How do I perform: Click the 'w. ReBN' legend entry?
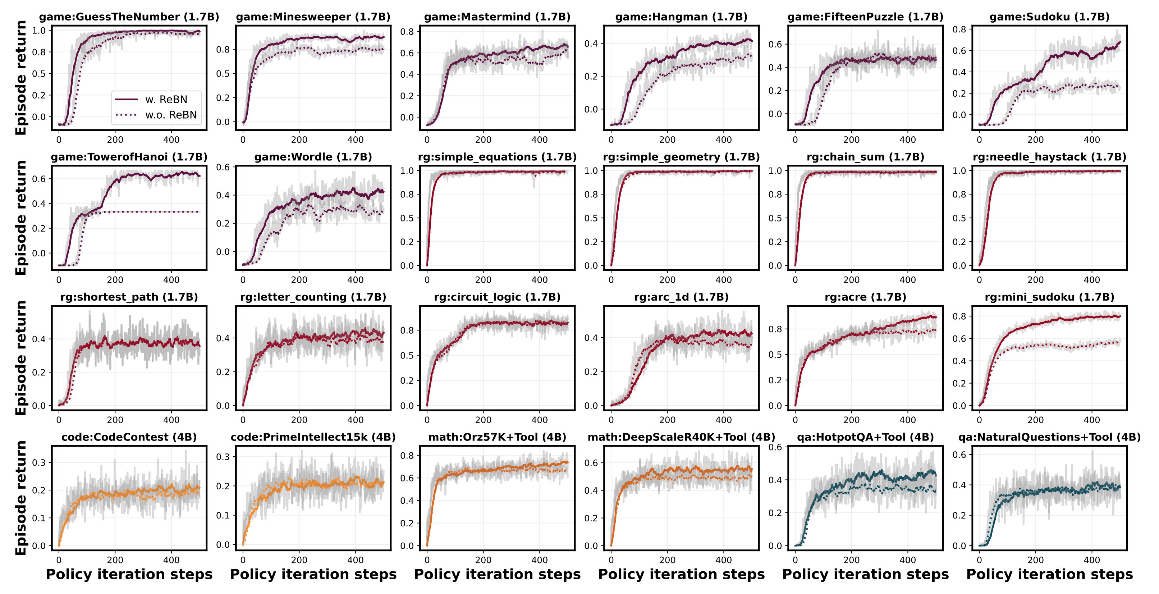[x=166, y=100]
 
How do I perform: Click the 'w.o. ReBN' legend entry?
[x=170, y=115]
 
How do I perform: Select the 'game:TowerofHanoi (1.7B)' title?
[x=129, y=157]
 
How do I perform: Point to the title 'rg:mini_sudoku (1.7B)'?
[x=1049, y=297]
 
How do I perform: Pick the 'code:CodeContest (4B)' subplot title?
[x=129, y=437]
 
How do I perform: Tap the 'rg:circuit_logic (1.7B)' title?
[x=497, y=297]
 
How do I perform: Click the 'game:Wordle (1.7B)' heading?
[x=313, y=157]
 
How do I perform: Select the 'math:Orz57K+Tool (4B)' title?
[x=497, y=437]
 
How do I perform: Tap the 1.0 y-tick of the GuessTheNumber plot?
[x=40, y=31]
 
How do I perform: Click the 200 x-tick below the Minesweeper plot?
[x=299, y=140]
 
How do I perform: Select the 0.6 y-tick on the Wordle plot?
[x=224, y=168]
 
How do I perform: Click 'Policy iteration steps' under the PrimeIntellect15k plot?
[x=313, y=575]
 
